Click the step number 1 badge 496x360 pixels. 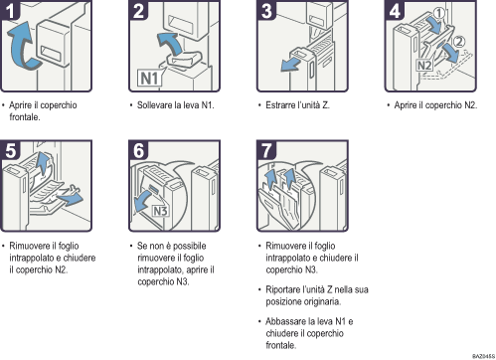pyautogui.click(x=11, y=11)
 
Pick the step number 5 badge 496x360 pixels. pyautogui.click(x=11, y=150)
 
